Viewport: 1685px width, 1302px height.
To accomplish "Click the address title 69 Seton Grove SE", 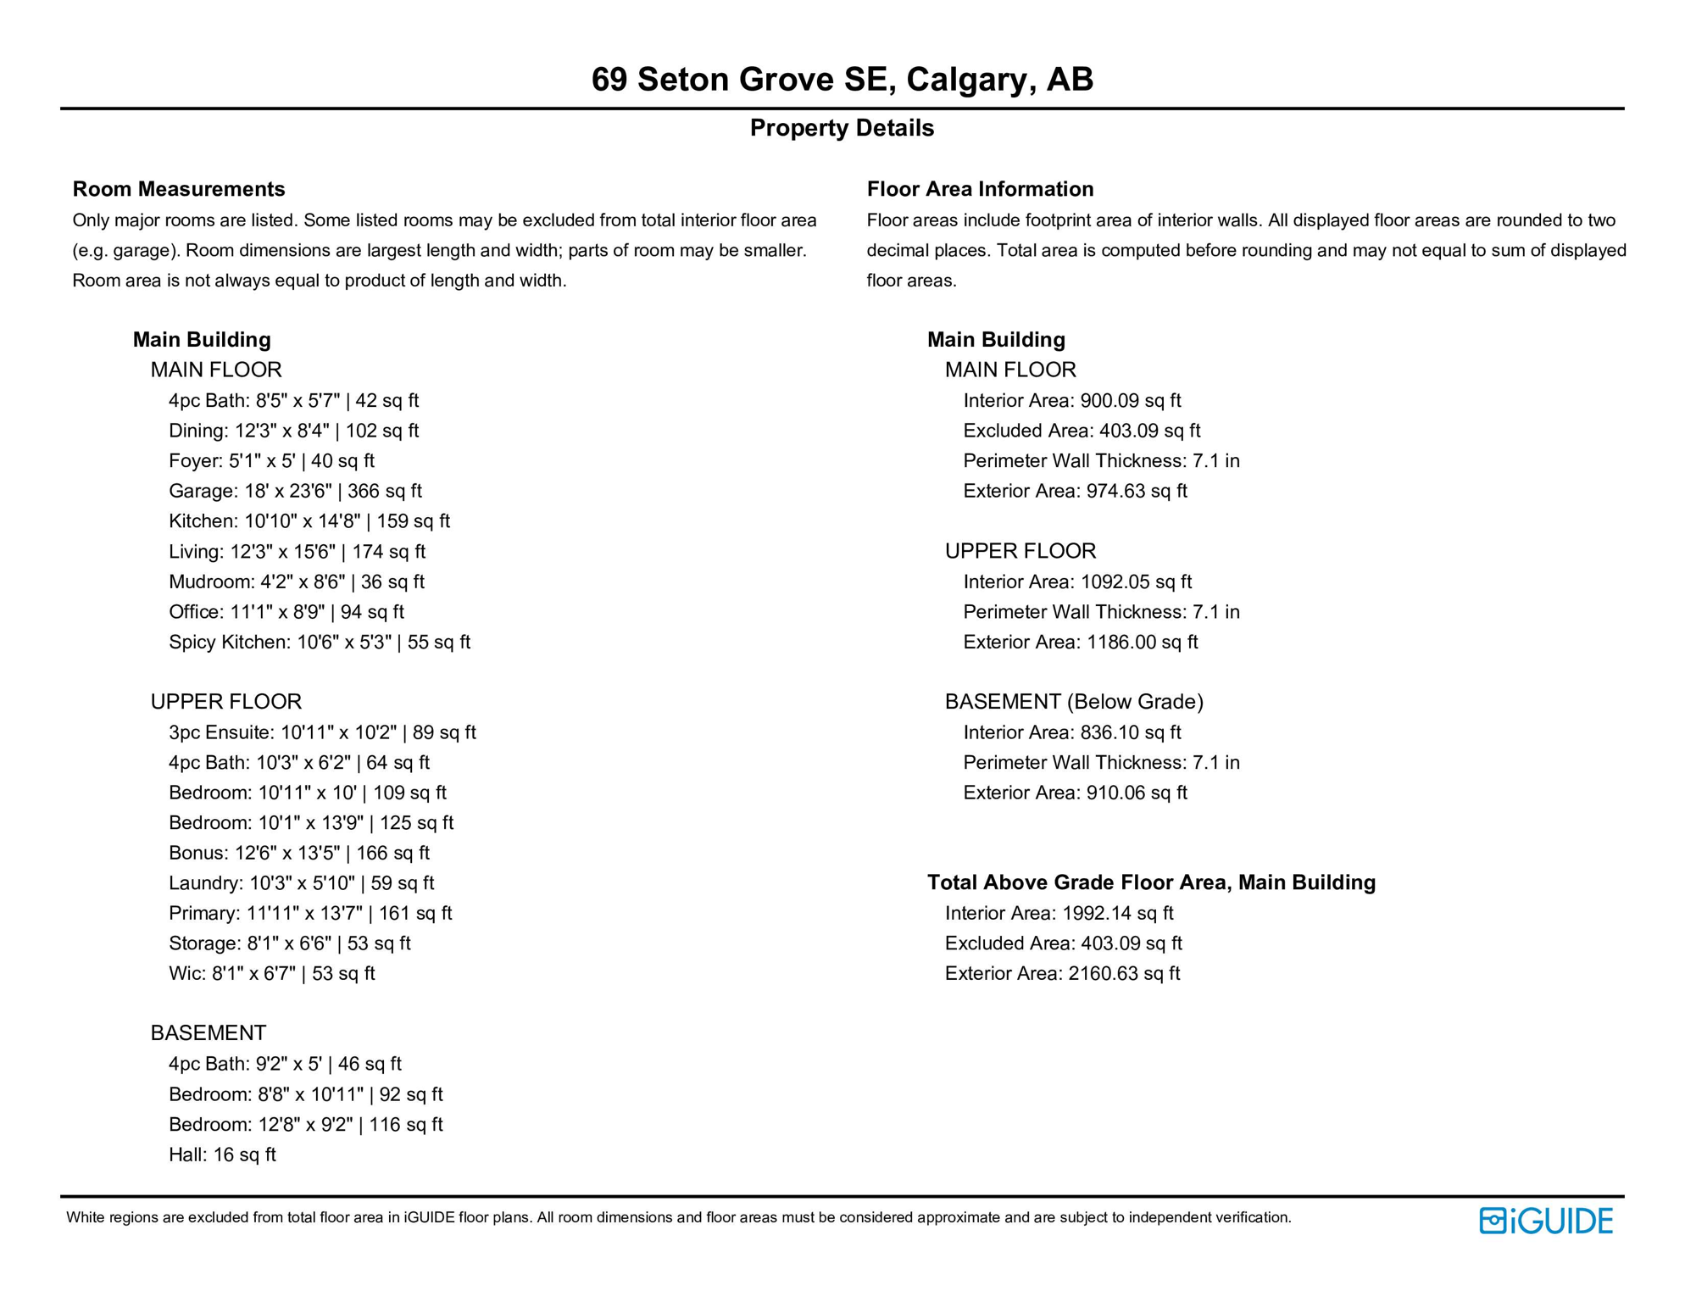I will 842,79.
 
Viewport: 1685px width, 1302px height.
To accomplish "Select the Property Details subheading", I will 842,128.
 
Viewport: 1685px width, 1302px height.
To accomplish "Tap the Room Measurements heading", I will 179,189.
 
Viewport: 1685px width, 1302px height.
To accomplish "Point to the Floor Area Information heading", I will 980,189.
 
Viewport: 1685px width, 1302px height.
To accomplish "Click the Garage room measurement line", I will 295,491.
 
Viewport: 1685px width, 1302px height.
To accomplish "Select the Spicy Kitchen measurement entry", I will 319,642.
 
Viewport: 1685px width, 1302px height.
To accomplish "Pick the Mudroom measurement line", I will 296,581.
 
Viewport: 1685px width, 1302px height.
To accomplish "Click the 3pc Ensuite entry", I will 322,732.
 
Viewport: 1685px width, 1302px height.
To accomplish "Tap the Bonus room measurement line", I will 298,853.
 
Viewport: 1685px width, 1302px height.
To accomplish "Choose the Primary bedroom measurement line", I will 310,913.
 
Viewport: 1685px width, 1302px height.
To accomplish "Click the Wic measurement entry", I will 271,973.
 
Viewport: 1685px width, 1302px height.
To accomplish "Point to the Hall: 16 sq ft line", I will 222,1155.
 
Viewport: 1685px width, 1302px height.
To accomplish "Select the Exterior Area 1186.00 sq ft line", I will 1080,642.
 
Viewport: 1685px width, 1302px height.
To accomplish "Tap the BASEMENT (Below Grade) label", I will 1074,702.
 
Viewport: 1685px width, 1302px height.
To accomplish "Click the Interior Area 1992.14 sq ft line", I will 1059,913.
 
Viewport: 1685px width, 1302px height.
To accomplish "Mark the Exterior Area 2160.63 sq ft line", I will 1062,973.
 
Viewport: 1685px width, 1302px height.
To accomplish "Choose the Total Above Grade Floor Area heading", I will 1151,882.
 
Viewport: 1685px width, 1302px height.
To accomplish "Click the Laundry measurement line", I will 301,883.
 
